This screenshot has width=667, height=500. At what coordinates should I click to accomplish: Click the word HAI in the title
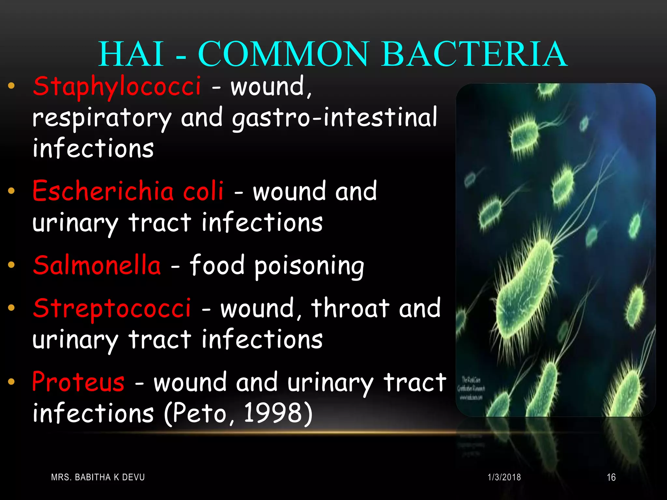pyautogui.click(x=131, y=54)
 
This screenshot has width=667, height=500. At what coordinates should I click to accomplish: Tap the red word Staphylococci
pyautogui.click(x=117, y=86)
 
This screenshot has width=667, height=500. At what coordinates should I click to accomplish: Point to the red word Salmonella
pyautogui.click(x=97, y=265)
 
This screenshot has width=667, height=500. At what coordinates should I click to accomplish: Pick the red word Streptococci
pyautogui.click(x=112, y=308)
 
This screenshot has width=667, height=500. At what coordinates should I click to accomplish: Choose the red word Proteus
pyautogui.click(x=78, y=382)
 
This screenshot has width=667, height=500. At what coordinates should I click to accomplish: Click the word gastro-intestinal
pyautogui.click(x=334, y=117)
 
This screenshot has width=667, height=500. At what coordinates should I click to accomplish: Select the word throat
pyautogui.click(x=350, y=308)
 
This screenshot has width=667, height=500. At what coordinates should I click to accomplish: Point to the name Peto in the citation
pyautogui.click(x=199, y=413)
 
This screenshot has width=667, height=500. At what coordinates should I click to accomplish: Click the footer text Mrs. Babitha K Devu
pyautogui.click(x=98, y=477)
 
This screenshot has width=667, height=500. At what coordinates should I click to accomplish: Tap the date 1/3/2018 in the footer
pyautogui.click(x=504, y=477)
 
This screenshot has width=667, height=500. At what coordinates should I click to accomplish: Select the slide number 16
pyautogui.click(x=611, y=477)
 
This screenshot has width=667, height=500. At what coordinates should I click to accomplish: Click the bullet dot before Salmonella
pyautogui.click(x=11, y=265)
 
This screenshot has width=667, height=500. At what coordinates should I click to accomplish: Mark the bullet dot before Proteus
pyautogui.click(x=11, y=381)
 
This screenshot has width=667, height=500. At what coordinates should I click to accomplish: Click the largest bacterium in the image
pyautogui.click(x=524, y=286)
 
